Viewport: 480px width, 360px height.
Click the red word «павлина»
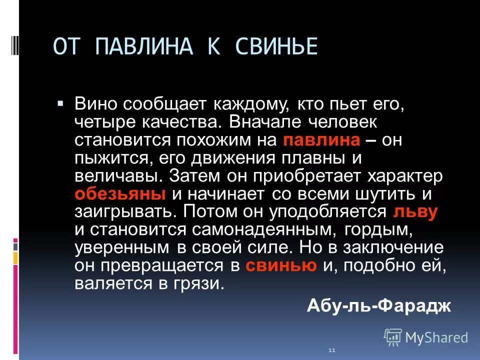321,140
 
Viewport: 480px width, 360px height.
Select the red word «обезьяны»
120,194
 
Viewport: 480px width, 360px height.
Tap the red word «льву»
415,211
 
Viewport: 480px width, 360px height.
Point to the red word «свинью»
281,265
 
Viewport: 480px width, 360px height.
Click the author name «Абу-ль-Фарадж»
379,304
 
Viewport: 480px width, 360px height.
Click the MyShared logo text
436,337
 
